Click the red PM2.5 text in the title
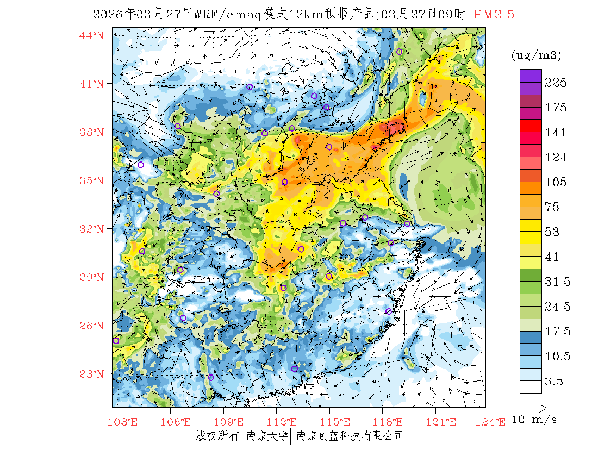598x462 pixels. [x=494, y=15]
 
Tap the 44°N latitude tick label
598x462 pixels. [x=92, y=35]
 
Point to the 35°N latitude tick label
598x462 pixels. [x=92, y=180]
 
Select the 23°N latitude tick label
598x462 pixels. [x=92, y=374]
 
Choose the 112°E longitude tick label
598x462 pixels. [x=285, y=422]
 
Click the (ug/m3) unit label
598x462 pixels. [x=536, y=55]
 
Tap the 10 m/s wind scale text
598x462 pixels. [x=535, y=420]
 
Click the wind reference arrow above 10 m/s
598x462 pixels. [x=533, y=407]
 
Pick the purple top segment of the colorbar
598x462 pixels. [x=530, y=76]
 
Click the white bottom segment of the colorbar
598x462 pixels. [x=530, y=386]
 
